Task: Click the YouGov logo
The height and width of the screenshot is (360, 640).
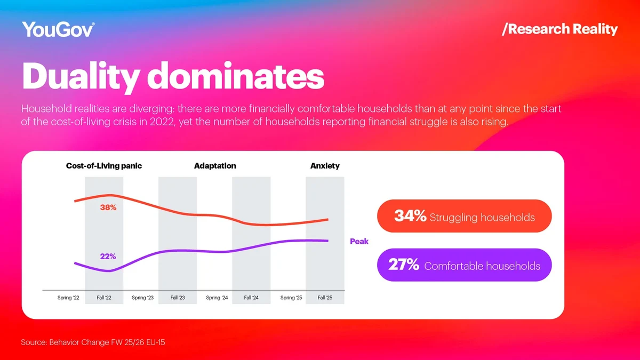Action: click(x=58, y=29)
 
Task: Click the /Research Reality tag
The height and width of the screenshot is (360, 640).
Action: click(x=559, y=29)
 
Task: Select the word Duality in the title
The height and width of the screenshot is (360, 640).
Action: click(x=80, y=76)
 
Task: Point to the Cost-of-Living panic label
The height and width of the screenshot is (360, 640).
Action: click(x=104, y=166)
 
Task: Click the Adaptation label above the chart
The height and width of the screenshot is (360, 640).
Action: click(x=215, y=166)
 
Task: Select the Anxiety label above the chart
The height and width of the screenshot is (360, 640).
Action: click(x=325, y=166)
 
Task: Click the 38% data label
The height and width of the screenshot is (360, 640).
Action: click(x=108, y=207)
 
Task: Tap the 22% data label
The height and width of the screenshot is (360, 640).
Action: click(x=108, y=257)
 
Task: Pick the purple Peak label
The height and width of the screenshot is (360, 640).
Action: click(x=359, y=242)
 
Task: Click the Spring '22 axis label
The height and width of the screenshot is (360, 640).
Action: click(x=68, y=298)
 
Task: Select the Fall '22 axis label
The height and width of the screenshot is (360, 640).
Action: click(x=104, y=298)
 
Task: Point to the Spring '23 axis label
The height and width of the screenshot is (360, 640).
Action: click(x=142, y=298)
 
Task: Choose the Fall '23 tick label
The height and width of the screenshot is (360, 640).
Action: click(x=178, y=298)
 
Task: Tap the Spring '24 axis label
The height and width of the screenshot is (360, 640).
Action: click(x=217, y=298)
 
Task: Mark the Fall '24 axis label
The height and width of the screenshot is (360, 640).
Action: click(x=251, y=298)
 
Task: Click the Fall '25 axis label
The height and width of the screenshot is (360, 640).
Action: click(x=325, y=298)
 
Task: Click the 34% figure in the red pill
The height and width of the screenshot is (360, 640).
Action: click(x=410, y=216)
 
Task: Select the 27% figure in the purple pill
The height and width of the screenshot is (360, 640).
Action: click(x=404, y=265)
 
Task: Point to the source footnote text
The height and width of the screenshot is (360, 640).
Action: click(x=93, y=342)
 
